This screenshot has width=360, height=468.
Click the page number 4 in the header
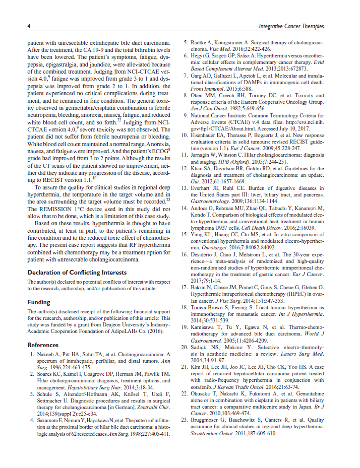(29, 26)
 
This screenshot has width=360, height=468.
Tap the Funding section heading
(38, 302)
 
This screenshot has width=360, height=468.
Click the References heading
(43, 345)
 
